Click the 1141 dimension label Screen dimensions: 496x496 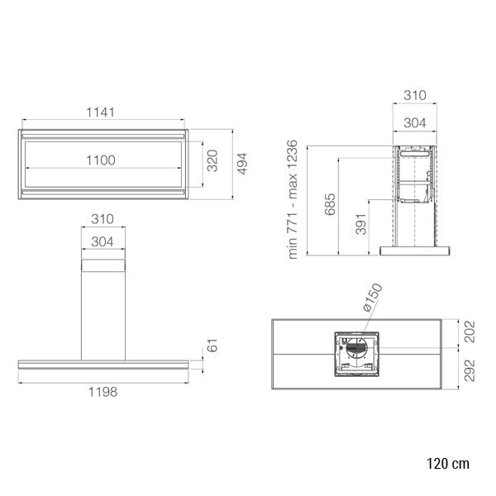(x=100, y=112)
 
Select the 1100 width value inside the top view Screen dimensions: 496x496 (x=101, y=160)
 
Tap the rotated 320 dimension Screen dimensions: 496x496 (x=212, y=160)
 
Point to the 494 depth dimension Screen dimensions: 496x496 (x=242, y=164)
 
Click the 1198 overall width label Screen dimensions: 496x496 (x=103, y=392)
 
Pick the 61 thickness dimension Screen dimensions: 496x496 (x=212, y=346)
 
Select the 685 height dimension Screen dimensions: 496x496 (x=330, y=204)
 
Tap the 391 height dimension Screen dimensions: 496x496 (x=361, y=224)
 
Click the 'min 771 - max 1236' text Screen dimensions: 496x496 (x=293, y=199)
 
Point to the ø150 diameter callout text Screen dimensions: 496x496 (x=372, y=298)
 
